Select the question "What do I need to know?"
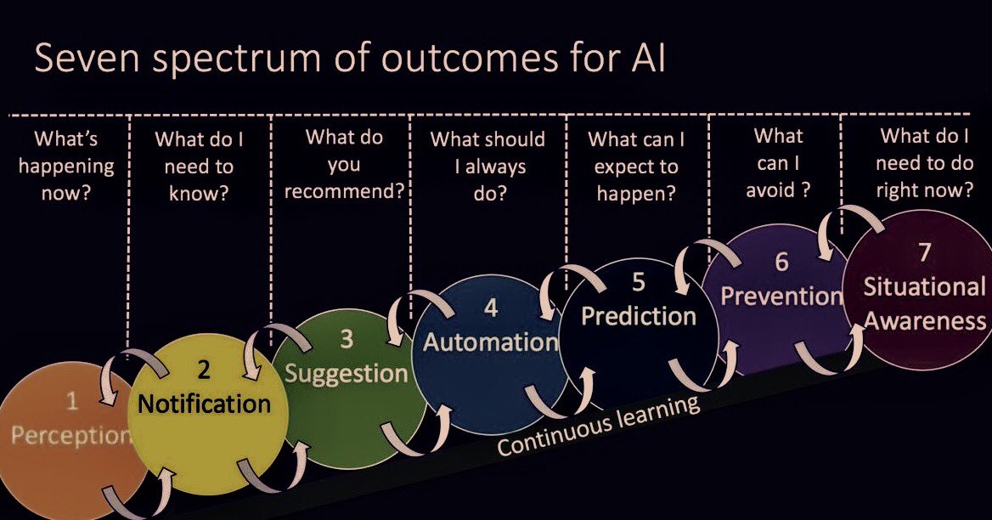[198, 167]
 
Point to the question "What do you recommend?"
[344, 163]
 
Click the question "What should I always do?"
[488, 166]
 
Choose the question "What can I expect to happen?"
[636, 166]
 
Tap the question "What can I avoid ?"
[777, 163]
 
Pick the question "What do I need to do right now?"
[924, 163]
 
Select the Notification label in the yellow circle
[204, 403]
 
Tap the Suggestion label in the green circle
[347, 373]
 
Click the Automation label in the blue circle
[490, 342]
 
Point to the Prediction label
[639, 316]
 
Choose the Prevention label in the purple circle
[781, 296]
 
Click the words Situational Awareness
[924, 303]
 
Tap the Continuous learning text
[598, 426]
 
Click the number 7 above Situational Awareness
[924, 252]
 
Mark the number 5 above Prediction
[639, 282]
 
